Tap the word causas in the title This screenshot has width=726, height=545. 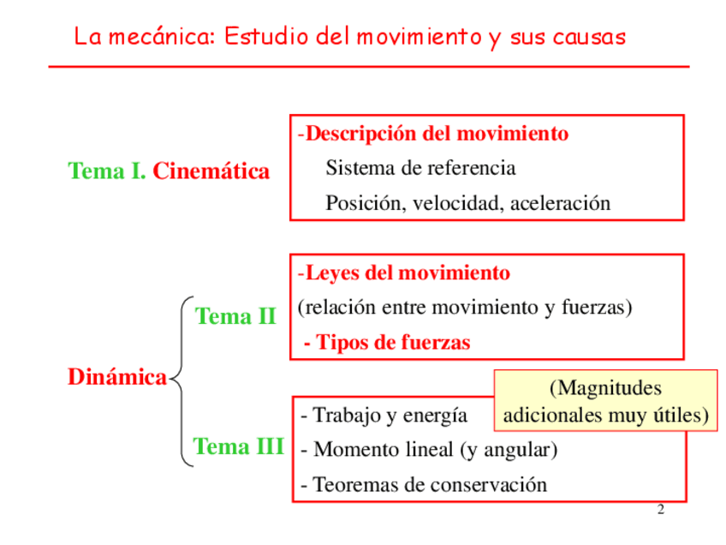pos(588,38)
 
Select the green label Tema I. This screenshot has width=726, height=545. pos(107,171)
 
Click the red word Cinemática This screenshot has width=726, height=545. pos(211,171)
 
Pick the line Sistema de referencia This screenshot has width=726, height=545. pos(420,168)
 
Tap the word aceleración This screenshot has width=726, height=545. pos(561,203)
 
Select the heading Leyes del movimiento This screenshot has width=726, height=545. pos(407,273)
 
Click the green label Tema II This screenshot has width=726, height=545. pos(235,316)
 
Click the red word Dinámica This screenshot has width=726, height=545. pos(117,377)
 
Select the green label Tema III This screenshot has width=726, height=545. pos(238,446)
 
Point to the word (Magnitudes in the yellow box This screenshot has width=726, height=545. pos(606,389)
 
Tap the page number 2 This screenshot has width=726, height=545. pos(660,511)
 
